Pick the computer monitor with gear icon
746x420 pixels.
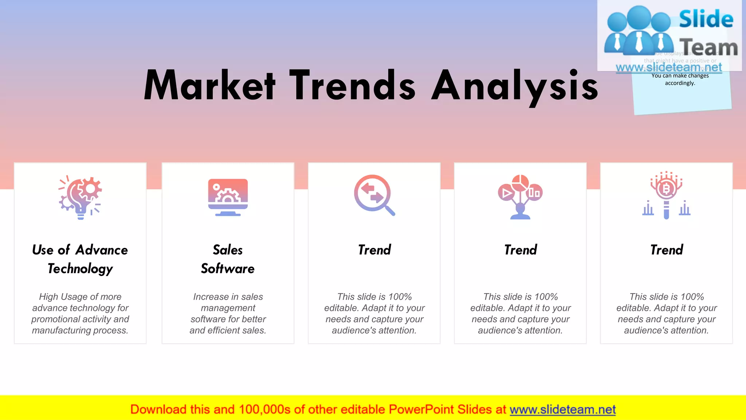pos(228,197)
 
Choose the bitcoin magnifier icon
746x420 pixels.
pos(666,195)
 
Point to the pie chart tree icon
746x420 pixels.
pos(520,197)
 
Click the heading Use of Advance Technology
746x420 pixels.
pos(80,259)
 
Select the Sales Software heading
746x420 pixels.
pos(228,259)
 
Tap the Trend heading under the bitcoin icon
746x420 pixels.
pos(667,250)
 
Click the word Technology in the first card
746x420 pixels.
pos(80,269)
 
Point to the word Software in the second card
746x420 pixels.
pos(228,269)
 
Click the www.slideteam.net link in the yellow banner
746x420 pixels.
pos(562,409)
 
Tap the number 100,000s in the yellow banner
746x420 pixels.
pos(264,409)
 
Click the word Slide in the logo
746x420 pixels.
pos(706,19)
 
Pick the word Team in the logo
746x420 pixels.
pos(708,47)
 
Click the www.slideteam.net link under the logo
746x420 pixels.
pos(669,67)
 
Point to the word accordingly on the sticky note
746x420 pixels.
pos(680,83)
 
